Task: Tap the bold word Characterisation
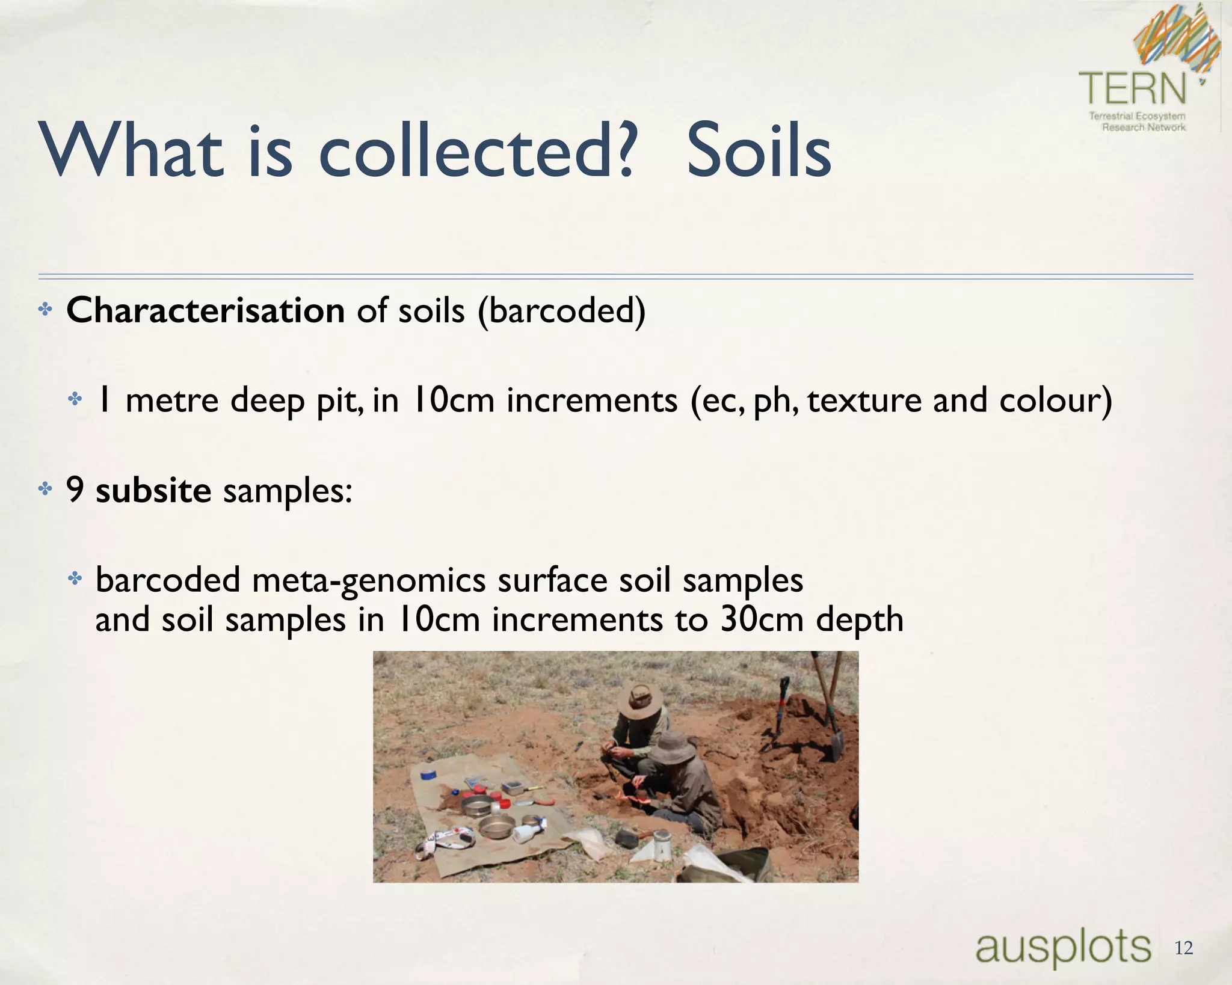pos(205,310)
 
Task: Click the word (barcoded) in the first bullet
pos(561,311)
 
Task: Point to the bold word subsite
pos(153,490)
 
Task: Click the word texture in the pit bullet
pos(864,400)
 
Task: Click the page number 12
pos(1183,948)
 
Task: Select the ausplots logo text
pos(1063,948)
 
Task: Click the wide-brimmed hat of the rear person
pos(640,699)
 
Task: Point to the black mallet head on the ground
pos(627,837)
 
